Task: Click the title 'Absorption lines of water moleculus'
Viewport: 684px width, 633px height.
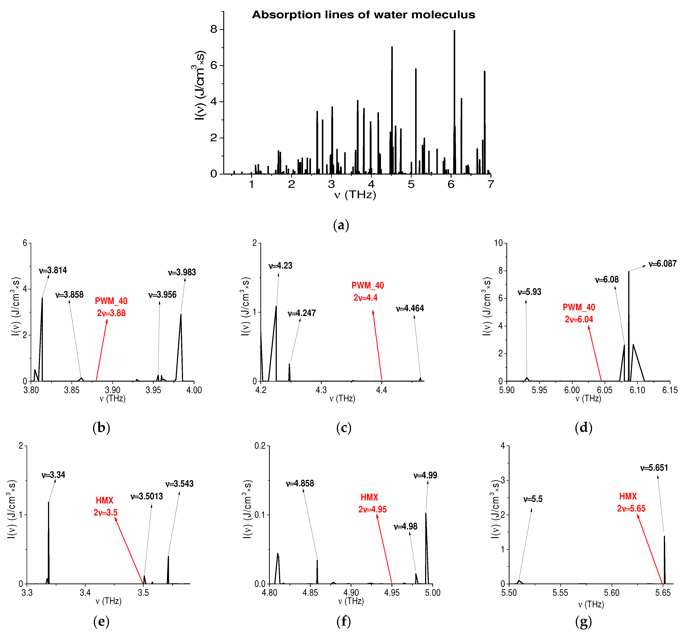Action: pyautogui.click(x=363, y=15)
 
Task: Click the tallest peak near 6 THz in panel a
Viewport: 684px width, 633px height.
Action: pyautogui.click(x=454, y=33)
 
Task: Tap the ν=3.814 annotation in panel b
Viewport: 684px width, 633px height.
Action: pyautogui.click(x=53, y=270)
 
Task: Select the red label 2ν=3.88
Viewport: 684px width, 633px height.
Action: pyautogui.click(x=111, y=313)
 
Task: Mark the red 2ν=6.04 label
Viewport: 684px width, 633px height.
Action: pyautogui.click(x=579, y=319)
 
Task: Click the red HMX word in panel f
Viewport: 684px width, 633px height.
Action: pyautogui.click(x=369, y=497)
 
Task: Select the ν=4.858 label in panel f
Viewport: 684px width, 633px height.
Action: pyautogui.click(x=300, y=483)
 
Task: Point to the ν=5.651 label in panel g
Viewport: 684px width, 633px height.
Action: pyautogui.click(x=654, y=468)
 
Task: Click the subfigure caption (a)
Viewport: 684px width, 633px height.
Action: pyautogui.click(x=341, y=225)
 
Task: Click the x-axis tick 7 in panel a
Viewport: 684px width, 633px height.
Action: pyautogui.click(x=491, y=184)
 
